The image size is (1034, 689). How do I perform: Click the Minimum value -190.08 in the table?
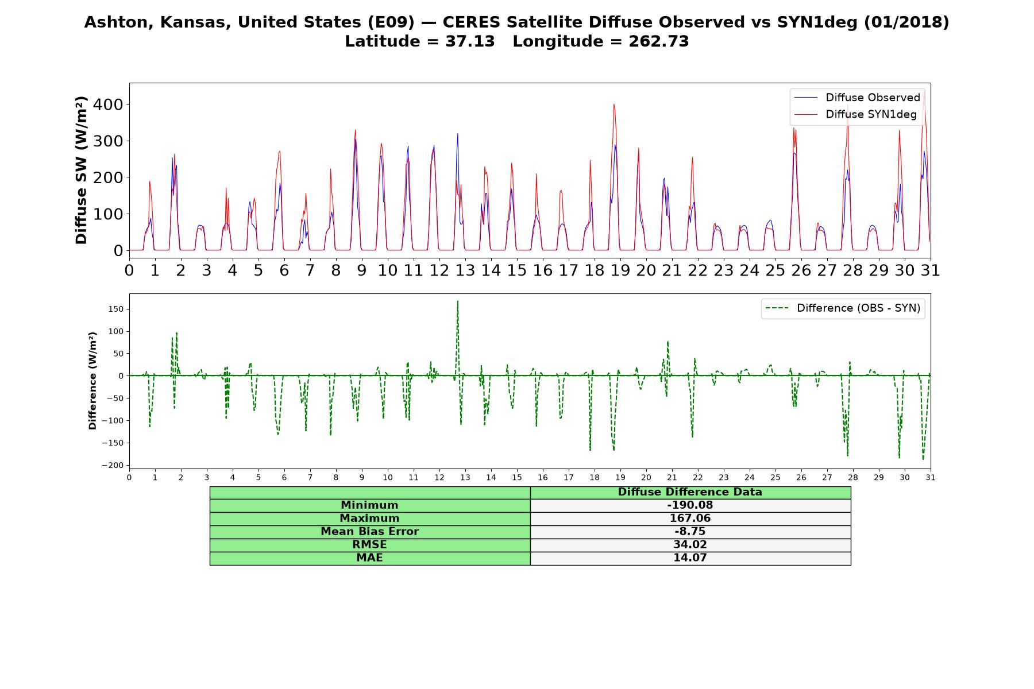[x=690, y=505]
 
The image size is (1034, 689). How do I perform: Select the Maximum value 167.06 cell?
[x=690, y=518]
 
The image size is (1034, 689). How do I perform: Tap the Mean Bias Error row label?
[x=369, y=532]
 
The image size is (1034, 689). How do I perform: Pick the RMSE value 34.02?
[x=690, y=545]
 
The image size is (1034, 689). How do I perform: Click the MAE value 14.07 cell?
[x=690, y=558]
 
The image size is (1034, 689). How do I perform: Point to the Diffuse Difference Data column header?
[x=690, y=492]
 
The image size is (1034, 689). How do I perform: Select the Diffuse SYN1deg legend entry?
[x=855, y=114]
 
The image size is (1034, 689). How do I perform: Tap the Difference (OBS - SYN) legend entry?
[x=843, y=308]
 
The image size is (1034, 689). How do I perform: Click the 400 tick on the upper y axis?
[x=111, y=104]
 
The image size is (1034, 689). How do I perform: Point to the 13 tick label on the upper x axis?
[x=465, y=270]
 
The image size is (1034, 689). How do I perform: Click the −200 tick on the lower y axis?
[x=113, y=465]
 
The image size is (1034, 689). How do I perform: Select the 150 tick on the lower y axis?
[x=117, y=309]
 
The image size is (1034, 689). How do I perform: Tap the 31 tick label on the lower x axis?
[x=931, y=477]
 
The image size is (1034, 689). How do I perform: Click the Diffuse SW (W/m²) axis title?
[x=82, y=170]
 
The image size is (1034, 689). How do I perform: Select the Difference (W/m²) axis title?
[x=92, y=381]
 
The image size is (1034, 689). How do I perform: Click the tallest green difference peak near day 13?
[x=457, y=301]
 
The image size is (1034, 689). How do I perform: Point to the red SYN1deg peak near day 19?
[x=614, y=104]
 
